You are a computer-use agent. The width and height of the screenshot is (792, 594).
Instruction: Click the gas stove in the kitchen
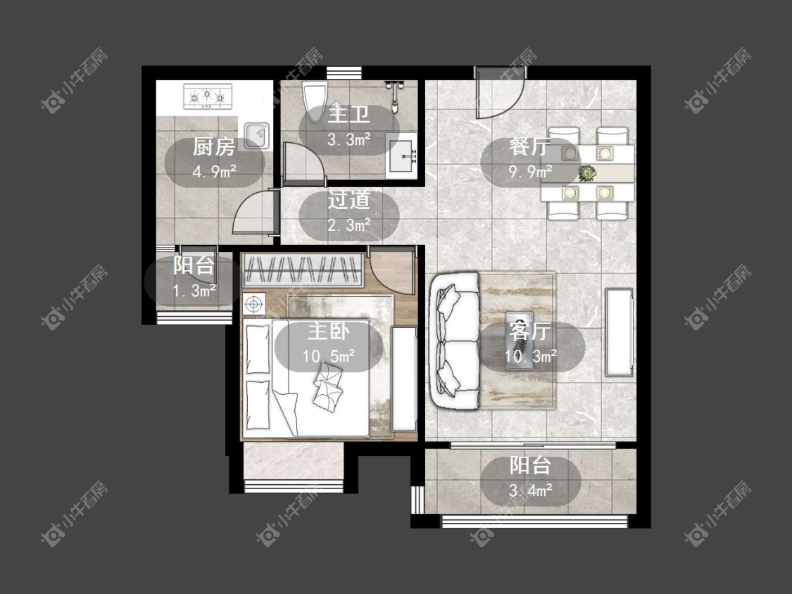(208, 96)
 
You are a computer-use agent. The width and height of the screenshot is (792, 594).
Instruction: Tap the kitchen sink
(256, 135)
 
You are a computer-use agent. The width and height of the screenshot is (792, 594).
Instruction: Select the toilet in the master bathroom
(315, 101)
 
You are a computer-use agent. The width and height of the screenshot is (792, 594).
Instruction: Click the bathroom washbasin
(402, 156)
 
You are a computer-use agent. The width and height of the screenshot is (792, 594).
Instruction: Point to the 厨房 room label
(214, 147)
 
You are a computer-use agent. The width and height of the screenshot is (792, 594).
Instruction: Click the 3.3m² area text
(349, 139)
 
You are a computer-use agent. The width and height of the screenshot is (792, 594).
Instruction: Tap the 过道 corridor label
(348, 201)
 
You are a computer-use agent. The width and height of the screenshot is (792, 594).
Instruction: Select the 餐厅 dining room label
(530, 147)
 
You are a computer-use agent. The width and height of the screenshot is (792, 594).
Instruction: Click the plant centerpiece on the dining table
(587, 173)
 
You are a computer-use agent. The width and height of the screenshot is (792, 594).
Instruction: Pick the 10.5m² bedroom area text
(328, 356)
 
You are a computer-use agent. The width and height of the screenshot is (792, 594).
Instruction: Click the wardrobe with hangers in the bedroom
(303, 270)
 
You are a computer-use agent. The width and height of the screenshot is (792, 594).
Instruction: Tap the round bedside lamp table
(254, 304)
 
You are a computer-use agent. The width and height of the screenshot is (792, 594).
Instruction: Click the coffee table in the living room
(520, 341)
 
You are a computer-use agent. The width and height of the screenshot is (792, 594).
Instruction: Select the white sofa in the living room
(454, 340)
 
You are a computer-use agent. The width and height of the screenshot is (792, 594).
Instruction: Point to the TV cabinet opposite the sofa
(620, 332)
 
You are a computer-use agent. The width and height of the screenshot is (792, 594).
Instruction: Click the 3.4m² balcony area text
(530, 491)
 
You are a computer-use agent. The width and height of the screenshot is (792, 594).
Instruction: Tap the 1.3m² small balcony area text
(194, 291)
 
